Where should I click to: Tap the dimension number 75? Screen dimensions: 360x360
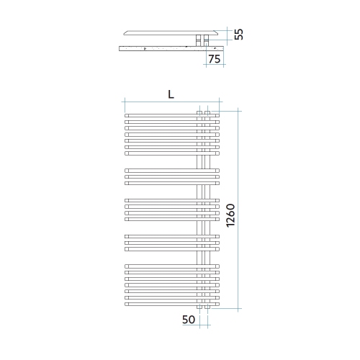pyautogui.click(x=215, y=59)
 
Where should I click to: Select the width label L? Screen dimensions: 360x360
pyautogui.click(x=171, y=94)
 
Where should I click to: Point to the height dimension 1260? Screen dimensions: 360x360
pyautogui.click(x=230, y=215)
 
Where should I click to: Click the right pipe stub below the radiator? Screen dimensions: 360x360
pyautogui.click(x=208, y=309)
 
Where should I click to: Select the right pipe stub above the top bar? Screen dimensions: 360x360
pyautogui.click(x=208, y=111)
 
